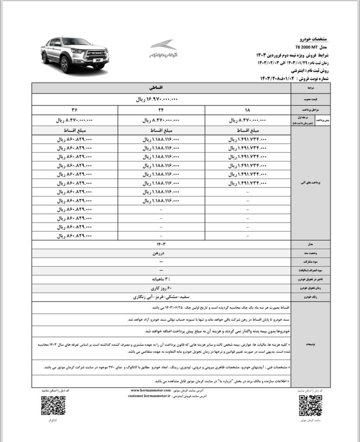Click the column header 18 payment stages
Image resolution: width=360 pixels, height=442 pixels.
click(247, 110)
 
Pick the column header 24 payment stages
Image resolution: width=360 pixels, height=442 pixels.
click(161, 110)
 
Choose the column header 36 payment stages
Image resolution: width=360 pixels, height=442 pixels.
click(74, 110)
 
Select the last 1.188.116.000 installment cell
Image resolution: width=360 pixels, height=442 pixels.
click(161, 201)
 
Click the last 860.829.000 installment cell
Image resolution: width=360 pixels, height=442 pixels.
click(74, 236)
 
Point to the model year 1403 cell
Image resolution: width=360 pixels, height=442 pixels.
click(161, 244)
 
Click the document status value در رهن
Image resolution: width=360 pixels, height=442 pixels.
click(161, 253)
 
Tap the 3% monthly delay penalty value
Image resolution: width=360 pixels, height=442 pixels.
click(161, 279)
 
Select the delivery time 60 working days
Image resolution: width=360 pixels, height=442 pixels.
click(161, 288)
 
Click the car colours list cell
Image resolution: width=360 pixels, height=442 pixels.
click(161, 297)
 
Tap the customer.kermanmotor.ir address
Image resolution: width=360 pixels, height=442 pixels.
click(149, 396)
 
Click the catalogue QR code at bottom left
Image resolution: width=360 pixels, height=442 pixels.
click(53, 405)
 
